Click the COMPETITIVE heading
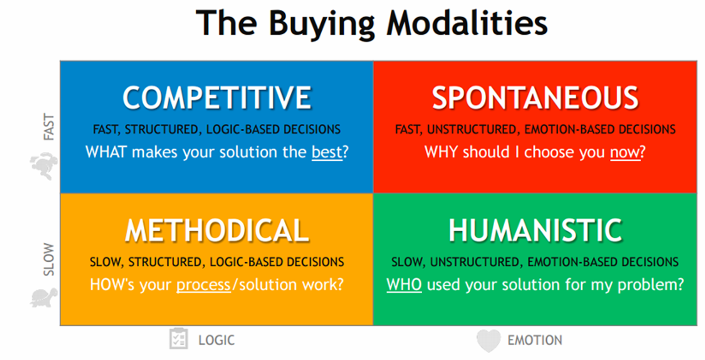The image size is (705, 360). pyautogui.click(x=217, y=98)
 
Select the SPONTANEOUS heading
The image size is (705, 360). pyautogui.click(x=535, y=98)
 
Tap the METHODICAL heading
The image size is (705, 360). pyautogui.click(x=217, y=230)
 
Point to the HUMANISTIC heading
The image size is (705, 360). pyautogui.click(x=535, y=230)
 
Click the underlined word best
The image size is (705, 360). pyautogui.click(x=327, y=152)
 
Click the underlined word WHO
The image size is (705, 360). pyautogui.click(x=404, y=285)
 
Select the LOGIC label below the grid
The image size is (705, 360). pyautogui.click(x=217, y=340)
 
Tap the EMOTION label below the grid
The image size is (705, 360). pyautogui.click(x=535, y=340)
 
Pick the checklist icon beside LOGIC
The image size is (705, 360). pyautogui.click(x=179, y=339)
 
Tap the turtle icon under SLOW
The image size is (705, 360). pyautogui.click(x=44, y=298)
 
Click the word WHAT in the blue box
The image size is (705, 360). pyautogui.click(x=106, y=152)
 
